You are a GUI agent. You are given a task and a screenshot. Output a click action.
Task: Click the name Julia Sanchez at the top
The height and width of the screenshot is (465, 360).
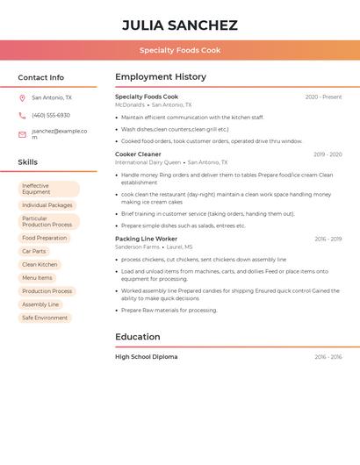point(179,25)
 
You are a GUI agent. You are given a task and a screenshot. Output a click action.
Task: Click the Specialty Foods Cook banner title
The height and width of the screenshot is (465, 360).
point(179,50)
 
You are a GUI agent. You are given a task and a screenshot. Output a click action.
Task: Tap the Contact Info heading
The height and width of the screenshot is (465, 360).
point(40,77)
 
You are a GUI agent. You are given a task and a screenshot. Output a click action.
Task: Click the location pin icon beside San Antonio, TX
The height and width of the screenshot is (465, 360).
point(22,98)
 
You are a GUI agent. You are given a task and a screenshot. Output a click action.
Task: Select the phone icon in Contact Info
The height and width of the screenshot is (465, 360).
point(22,116)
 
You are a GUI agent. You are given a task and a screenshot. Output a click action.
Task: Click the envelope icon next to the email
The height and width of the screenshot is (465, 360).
point(22,134)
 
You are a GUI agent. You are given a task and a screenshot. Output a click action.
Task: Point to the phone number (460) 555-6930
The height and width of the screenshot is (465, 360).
point(51,116)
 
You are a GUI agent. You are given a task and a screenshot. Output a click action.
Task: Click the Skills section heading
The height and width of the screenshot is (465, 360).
point(27,162)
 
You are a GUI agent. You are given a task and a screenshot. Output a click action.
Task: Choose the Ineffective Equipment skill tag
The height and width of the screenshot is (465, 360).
point(48,189)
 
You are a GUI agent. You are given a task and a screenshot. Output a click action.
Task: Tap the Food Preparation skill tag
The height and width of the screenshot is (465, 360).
point(44,238)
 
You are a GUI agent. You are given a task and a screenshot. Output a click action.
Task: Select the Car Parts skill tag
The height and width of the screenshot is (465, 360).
point(33,251)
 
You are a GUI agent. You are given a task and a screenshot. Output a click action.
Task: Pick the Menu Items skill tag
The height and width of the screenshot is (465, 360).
point(37,278)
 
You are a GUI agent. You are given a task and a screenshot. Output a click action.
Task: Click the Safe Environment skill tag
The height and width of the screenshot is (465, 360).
point(45,318)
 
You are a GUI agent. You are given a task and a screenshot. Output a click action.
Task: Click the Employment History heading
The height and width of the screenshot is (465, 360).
point(161,77)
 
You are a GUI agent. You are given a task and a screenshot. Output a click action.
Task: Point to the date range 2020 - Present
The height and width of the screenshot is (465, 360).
point(323,97)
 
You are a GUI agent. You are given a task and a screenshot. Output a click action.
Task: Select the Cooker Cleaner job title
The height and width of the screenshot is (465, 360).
point(138,154)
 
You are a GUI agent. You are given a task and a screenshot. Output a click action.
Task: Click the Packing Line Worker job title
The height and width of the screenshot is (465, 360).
point(146,239)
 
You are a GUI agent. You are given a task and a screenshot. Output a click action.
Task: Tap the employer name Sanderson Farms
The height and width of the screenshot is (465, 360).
point(137,247)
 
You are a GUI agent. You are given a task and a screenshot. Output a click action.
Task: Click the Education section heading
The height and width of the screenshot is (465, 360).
point(138,337)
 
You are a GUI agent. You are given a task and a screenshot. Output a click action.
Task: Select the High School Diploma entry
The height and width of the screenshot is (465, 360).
point(146,357)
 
